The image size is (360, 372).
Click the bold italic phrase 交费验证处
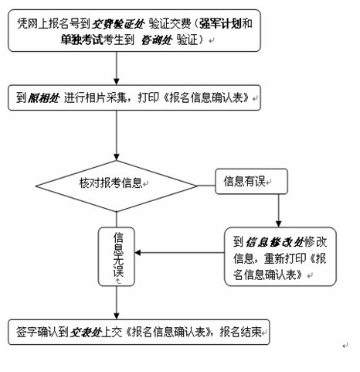(118, 24)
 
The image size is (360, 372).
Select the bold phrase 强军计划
(221, 24)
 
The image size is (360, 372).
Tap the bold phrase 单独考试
(82, 39)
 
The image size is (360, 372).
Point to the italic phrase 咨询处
(157, 40)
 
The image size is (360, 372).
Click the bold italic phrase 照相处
(43, 98)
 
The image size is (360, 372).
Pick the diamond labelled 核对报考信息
(117, 186)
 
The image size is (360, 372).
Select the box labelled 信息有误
(251, 181)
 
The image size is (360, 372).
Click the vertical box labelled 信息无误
(117, 257)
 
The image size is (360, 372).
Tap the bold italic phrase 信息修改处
(275, 242)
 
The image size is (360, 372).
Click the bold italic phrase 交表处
(86, 333)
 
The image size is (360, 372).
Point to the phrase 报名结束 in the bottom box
(240, 332)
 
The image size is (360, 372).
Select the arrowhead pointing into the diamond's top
(117, 157)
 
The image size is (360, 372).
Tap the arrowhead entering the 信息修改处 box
(278, 224)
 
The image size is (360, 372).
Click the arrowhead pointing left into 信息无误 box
(138, 253)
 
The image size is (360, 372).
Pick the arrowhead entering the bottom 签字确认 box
(117, 316)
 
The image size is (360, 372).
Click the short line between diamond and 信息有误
(206, 186)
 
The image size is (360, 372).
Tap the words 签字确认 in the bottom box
(37, 333)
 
